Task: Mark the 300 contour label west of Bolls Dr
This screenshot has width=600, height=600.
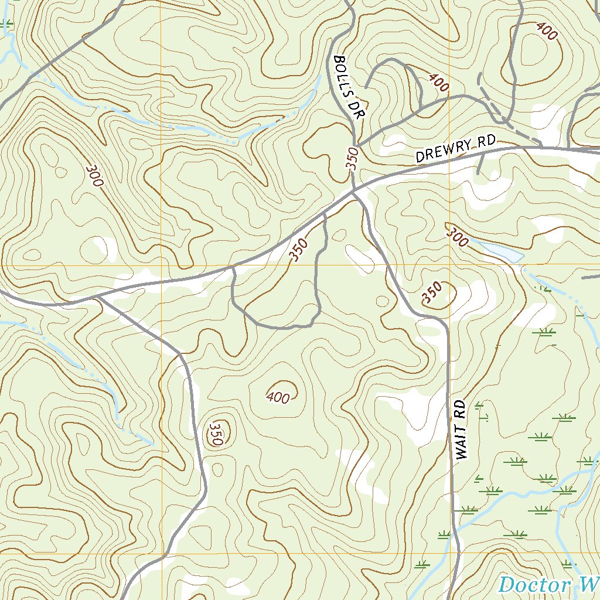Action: tap(94, 175)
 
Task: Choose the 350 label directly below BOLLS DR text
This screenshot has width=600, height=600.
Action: tap(352, 159)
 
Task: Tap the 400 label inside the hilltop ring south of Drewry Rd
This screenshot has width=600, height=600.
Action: tap(278, 398)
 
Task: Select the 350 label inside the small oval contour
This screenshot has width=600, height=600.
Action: tap(214, 433)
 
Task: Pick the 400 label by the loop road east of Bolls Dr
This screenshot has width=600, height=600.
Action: tap(438, 83)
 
